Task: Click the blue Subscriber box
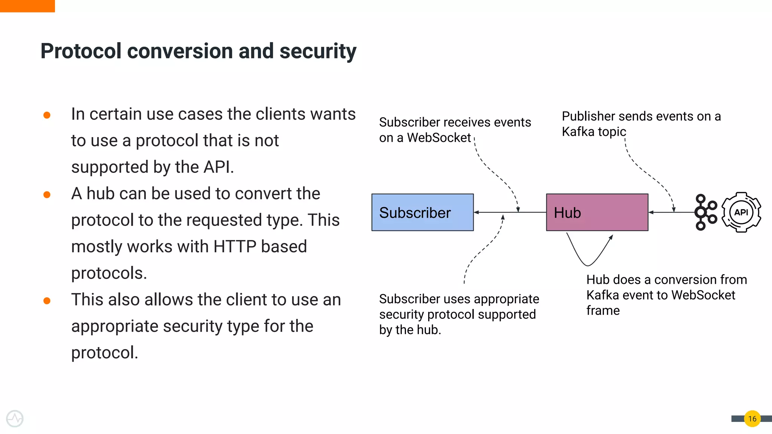point(422,212)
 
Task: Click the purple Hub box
point(597,212)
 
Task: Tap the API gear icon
point(741,212)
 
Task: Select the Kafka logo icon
point(705,212)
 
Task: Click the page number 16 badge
point(752,419)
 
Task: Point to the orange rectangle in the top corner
point(27,6)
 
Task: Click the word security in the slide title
point(317,51)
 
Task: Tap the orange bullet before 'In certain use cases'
point(47,115)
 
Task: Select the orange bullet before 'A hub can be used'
point(47,194)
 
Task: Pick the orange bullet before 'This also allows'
point(47,301)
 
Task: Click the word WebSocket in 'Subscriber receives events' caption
point(439,138)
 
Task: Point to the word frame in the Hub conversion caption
point(603,311)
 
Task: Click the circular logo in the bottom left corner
point(15,419)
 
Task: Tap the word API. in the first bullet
point(218,167)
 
